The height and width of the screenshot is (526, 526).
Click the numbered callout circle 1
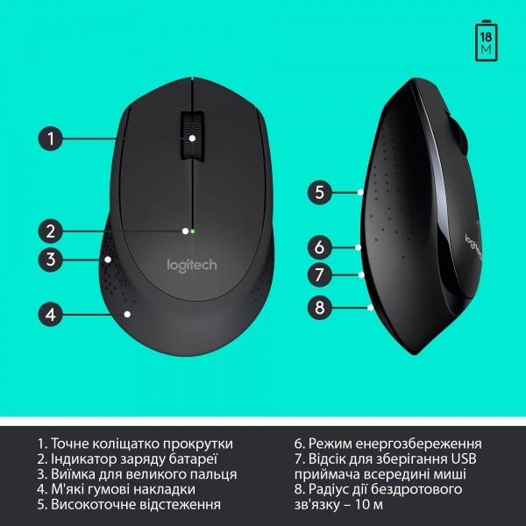click(x=52, y=138)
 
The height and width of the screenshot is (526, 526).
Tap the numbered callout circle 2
click(x=52, y=231)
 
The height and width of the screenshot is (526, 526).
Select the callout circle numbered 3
click(x=52, y=259)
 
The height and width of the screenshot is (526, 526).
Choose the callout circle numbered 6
click(x=320, y=247)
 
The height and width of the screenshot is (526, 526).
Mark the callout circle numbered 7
click(x=320, y=274)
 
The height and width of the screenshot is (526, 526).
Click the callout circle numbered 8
click(x=320, y=308)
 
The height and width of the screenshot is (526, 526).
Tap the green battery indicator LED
click(x=192, y=231)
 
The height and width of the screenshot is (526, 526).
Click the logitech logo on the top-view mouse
click(x=191, y=264)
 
